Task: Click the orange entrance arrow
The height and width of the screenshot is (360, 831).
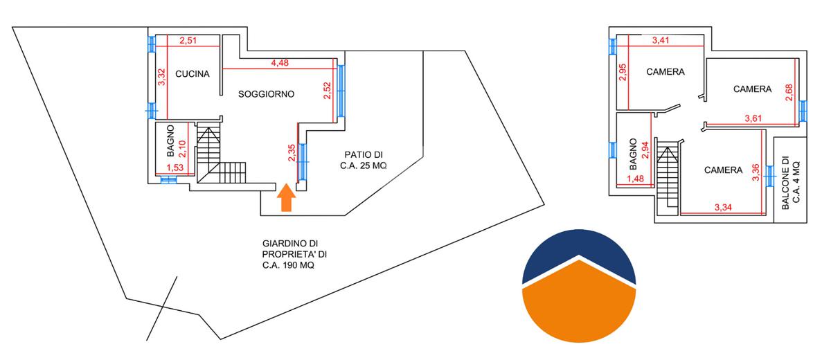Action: coord(287,199)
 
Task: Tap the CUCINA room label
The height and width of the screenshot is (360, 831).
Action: coord(193,75)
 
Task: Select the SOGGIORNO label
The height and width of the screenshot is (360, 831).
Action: coord(267,94)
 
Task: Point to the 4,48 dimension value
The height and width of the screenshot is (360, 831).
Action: coord(280,64)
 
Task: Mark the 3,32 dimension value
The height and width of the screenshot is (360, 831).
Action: coord(161,77)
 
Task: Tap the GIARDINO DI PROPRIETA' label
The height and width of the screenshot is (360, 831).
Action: coord(290,254)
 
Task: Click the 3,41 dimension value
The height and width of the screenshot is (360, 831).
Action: coord(661,41)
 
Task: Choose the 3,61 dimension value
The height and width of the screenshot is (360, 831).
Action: coord(753,118)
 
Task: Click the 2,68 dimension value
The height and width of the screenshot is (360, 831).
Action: coord(789,92)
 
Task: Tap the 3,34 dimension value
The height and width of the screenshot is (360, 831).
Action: coord(723,207)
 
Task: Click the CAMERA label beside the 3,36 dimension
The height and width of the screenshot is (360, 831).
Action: coord(723,170)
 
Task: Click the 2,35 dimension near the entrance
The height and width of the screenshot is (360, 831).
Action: coord(292,153)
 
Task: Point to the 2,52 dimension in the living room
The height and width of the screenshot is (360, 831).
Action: coord(328,91)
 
